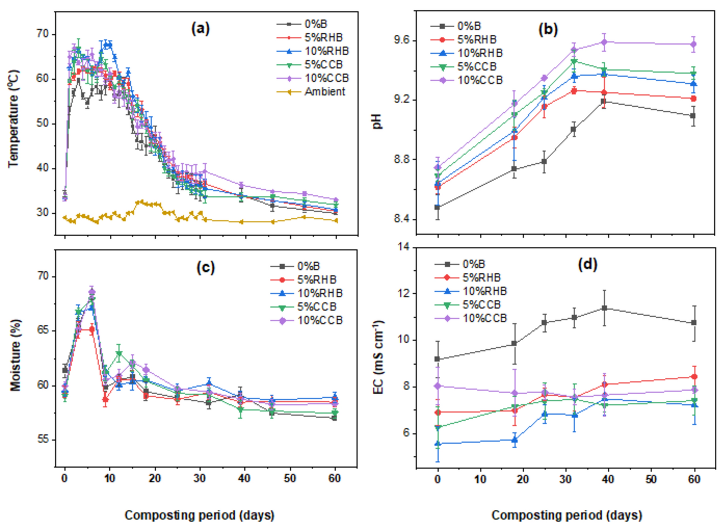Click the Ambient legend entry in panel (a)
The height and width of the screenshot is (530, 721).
[x=325, y=92]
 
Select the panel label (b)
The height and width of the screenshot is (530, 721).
[x=548, y=29]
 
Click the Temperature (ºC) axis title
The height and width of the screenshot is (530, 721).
[x=14, y=118]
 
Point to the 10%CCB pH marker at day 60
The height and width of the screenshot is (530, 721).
[x=693, y=44]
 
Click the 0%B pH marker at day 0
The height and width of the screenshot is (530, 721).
[x=437, y=207]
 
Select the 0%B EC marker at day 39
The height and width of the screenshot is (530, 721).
[x=604, y=308]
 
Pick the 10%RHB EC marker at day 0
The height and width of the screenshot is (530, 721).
[x=437, y=444]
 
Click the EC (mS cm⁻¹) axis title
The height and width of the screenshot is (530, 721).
[x=378, y=357]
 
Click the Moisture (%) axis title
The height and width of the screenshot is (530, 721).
[x=15, y=355]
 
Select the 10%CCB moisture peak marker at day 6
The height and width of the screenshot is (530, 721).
[x=92, y=292]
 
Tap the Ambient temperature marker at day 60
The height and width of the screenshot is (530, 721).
[x=336, y=220]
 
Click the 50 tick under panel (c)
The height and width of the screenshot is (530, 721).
[x=290, y=479]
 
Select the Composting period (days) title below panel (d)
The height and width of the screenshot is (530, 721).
[x=566, y=515]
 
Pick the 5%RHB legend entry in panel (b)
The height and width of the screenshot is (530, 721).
[x=477, y=39]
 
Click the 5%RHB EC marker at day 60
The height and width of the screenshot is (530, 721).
[x=694, y=376]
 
